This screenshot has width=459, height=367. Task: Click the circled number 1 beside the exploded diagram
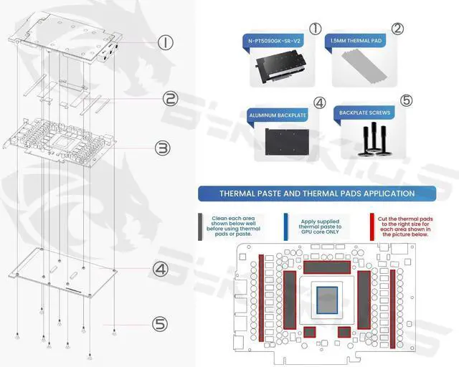166,43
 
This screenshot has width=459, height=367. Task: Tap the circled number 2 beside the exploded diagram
169,99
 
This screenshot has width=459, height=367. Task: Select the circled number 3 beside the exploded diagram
163,148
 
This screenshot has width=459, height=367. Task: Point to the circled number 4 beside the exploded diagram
161,269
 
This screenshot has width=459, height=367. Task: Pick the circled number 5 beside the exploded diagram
161,324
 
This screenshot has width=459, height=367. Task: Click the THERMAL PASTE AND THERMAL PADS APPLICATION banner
316,194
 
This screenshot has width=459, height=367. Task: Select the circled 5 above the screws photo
406,100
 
